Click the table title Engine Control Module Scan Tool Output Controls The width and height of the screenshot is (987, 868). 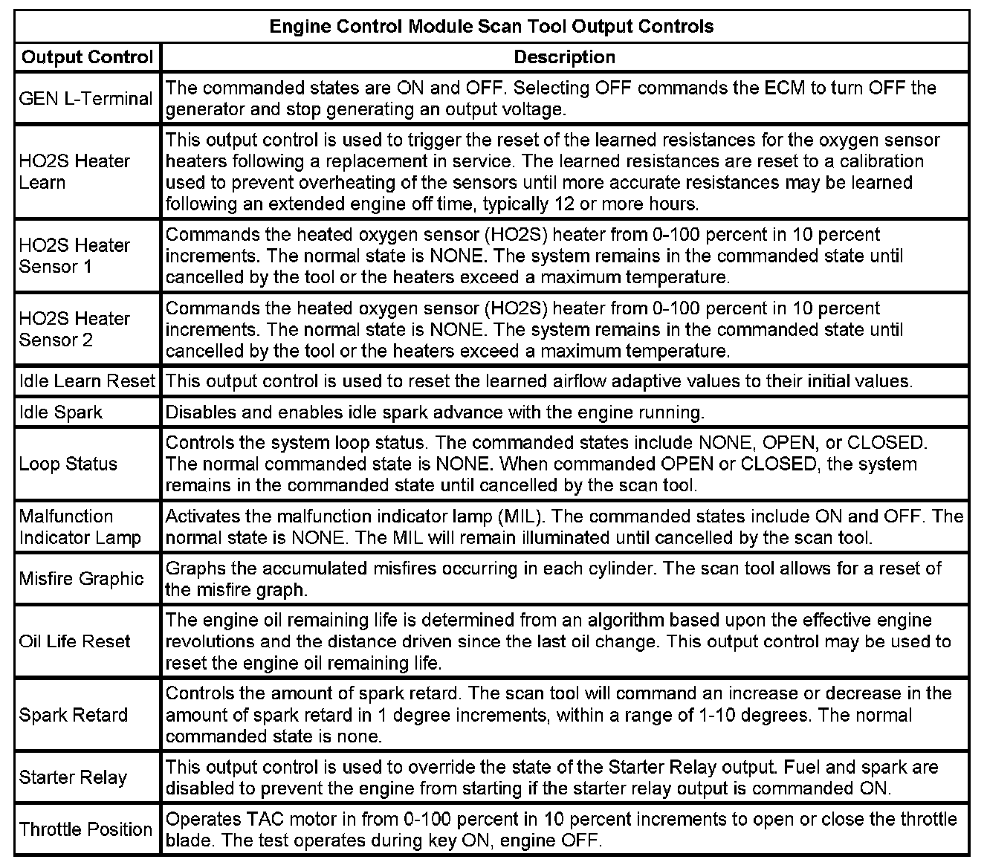[491, 27]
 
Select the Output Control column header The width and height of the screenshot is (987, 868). [87, 57]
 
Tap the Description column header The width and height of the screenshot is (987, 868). [564, 57]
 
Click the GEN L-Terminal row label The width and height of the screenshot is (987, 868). [85, 98]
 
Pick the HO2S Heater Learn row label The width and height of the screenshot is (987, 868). [74, 172]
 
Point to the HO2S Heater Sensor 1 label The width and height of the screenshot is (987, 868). [74, 256]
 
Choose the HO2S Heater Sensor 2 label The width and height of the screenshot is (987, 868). [74, 329]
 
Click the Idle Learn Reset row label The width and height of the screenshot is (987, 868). [87, 381]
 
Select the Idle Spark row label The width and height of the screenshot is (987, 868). [61, 412]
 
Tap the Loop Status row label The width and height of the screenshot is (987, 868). [68, 464]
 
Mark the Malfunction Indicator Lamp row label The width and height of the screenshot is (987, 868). [80, 527]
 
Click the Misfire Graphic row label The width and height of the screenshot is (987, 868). [81, 579]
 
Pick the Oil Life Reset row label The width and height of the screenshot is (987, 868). [74, 641]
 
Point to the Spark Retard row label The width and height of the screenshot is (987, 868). [74, 715]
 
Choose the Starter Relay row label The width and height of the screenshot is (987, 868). [73, 777]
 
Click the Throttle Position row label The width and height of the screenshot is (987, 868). [85, 829]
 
